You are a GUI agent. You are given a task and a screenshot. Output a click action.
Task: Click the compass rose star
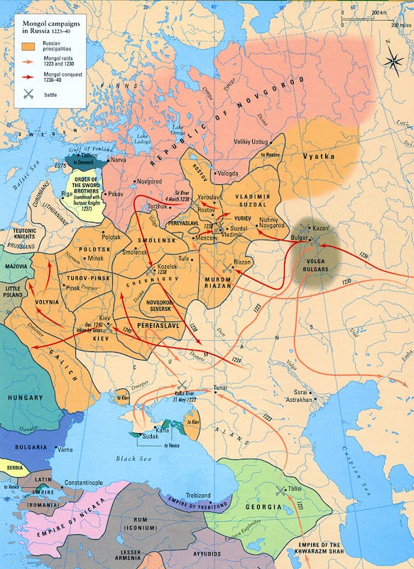tap(392, 60)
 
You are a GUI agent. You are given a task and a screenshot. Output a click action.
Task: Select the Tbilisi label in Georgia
tap(293, 490)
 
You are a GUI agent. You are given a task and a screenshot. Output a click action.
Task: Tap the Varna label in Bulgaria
tap(65, 450)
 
